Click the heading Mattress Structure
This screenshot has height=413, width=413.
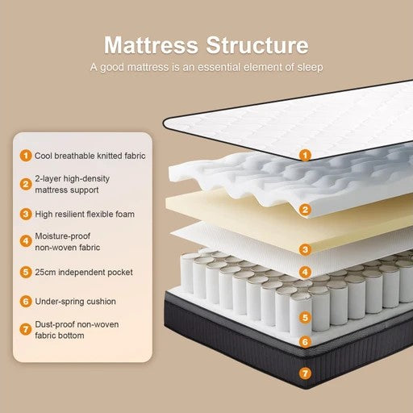click(x=206, y=44)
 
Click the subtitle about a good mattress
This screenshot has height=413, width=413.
click(x=206, y=67)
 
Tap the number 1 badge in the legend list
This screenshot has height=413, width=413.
click(x=26, y=155)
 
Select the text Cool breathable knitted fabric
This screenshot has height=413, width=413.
click(x=90, y=155)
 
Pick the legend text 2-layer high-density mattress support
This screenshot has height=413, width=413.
click(x=72, y=184)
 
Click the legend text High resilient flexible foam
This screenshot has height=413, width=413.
click(x=84, y=214)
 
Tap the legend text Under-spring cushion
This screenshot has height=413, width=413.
click(x=74, y=301)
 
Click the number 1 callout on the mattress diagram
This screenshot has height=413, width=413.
click(x=305, y=154)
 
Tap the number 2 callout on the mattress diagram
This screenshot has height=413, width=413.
click(x=305, y=211)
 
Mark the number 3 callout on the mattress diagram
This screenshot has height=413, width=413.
click(x=305, y=250)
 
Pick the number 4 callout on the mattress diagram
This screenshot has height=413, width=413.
click(x=305, y=272)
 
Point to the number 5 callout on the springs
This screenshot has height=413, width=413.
click(x=305, y=318)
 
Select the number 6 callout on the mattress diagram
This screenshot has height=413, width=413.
click(x=305, y=341)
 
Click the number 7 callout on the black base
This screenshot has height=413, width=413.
click(x=305, y=373)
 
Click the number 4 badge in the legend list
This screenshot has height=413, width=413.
click(x=26, y=239)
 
